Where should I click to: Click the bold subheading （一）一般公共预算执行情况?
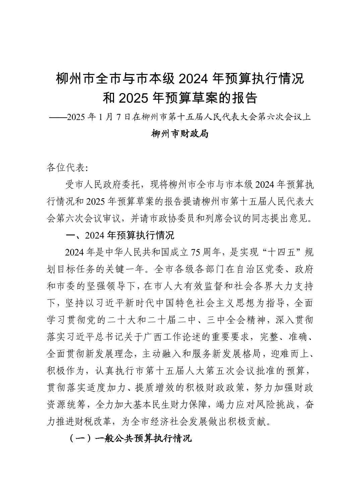click(x=130, y=438)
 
